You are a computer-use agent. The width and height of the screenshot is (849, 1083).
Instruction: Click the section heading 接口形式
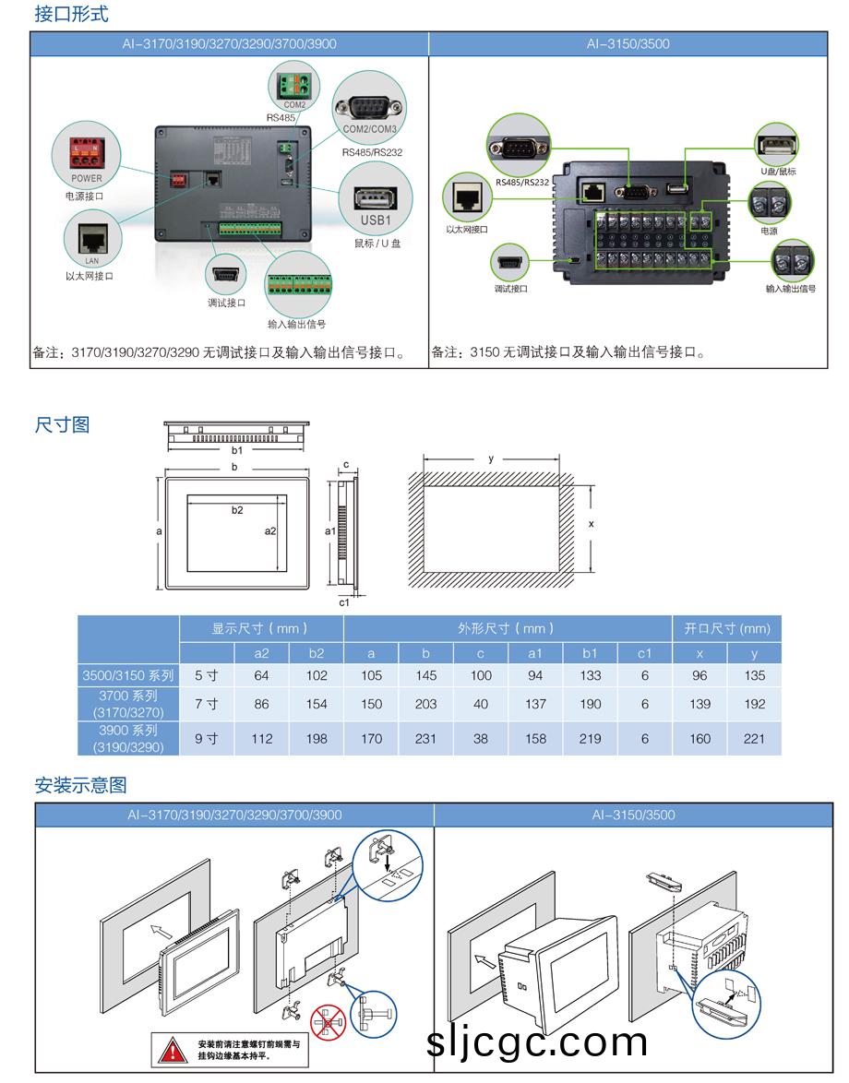(71, 14)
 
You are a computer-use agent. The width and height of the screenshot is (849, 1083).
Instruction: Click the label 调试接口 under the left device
(226, 303)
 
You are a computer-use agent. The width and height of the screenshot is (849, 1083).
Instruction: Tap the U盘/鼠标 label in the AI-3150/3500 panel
(778, 172)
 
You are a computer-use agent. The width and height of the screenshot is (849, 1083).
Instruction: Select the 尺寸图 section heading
(62, 425)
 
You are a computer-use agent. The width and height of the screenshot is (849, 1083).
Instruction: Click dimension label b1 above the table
(237, 450)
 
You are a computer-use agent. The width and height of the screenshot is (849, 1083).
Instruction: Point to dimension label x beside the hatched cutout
(592, 523)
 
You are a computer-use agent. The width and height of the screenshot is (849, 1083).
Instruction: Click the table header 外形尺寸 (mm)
(507, 628)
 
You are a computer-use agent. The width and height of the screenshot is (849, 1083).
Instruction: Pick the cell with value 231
(425, 738)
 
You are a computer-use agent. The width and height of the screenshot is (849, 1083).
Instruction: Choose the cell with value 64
(261, 675)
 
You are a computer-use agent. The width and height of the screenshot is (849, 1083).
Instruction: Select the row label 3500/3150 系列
(127, 675)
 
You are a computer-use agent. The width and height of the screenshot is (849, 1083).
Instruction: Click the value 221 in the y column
(754, 738)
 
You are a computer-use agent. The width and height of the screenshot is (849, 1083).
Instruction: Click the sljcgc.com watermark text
(538, 1042)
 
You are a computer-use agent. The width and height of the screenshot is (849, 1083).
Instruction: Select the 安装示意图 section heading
(80, 785)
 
